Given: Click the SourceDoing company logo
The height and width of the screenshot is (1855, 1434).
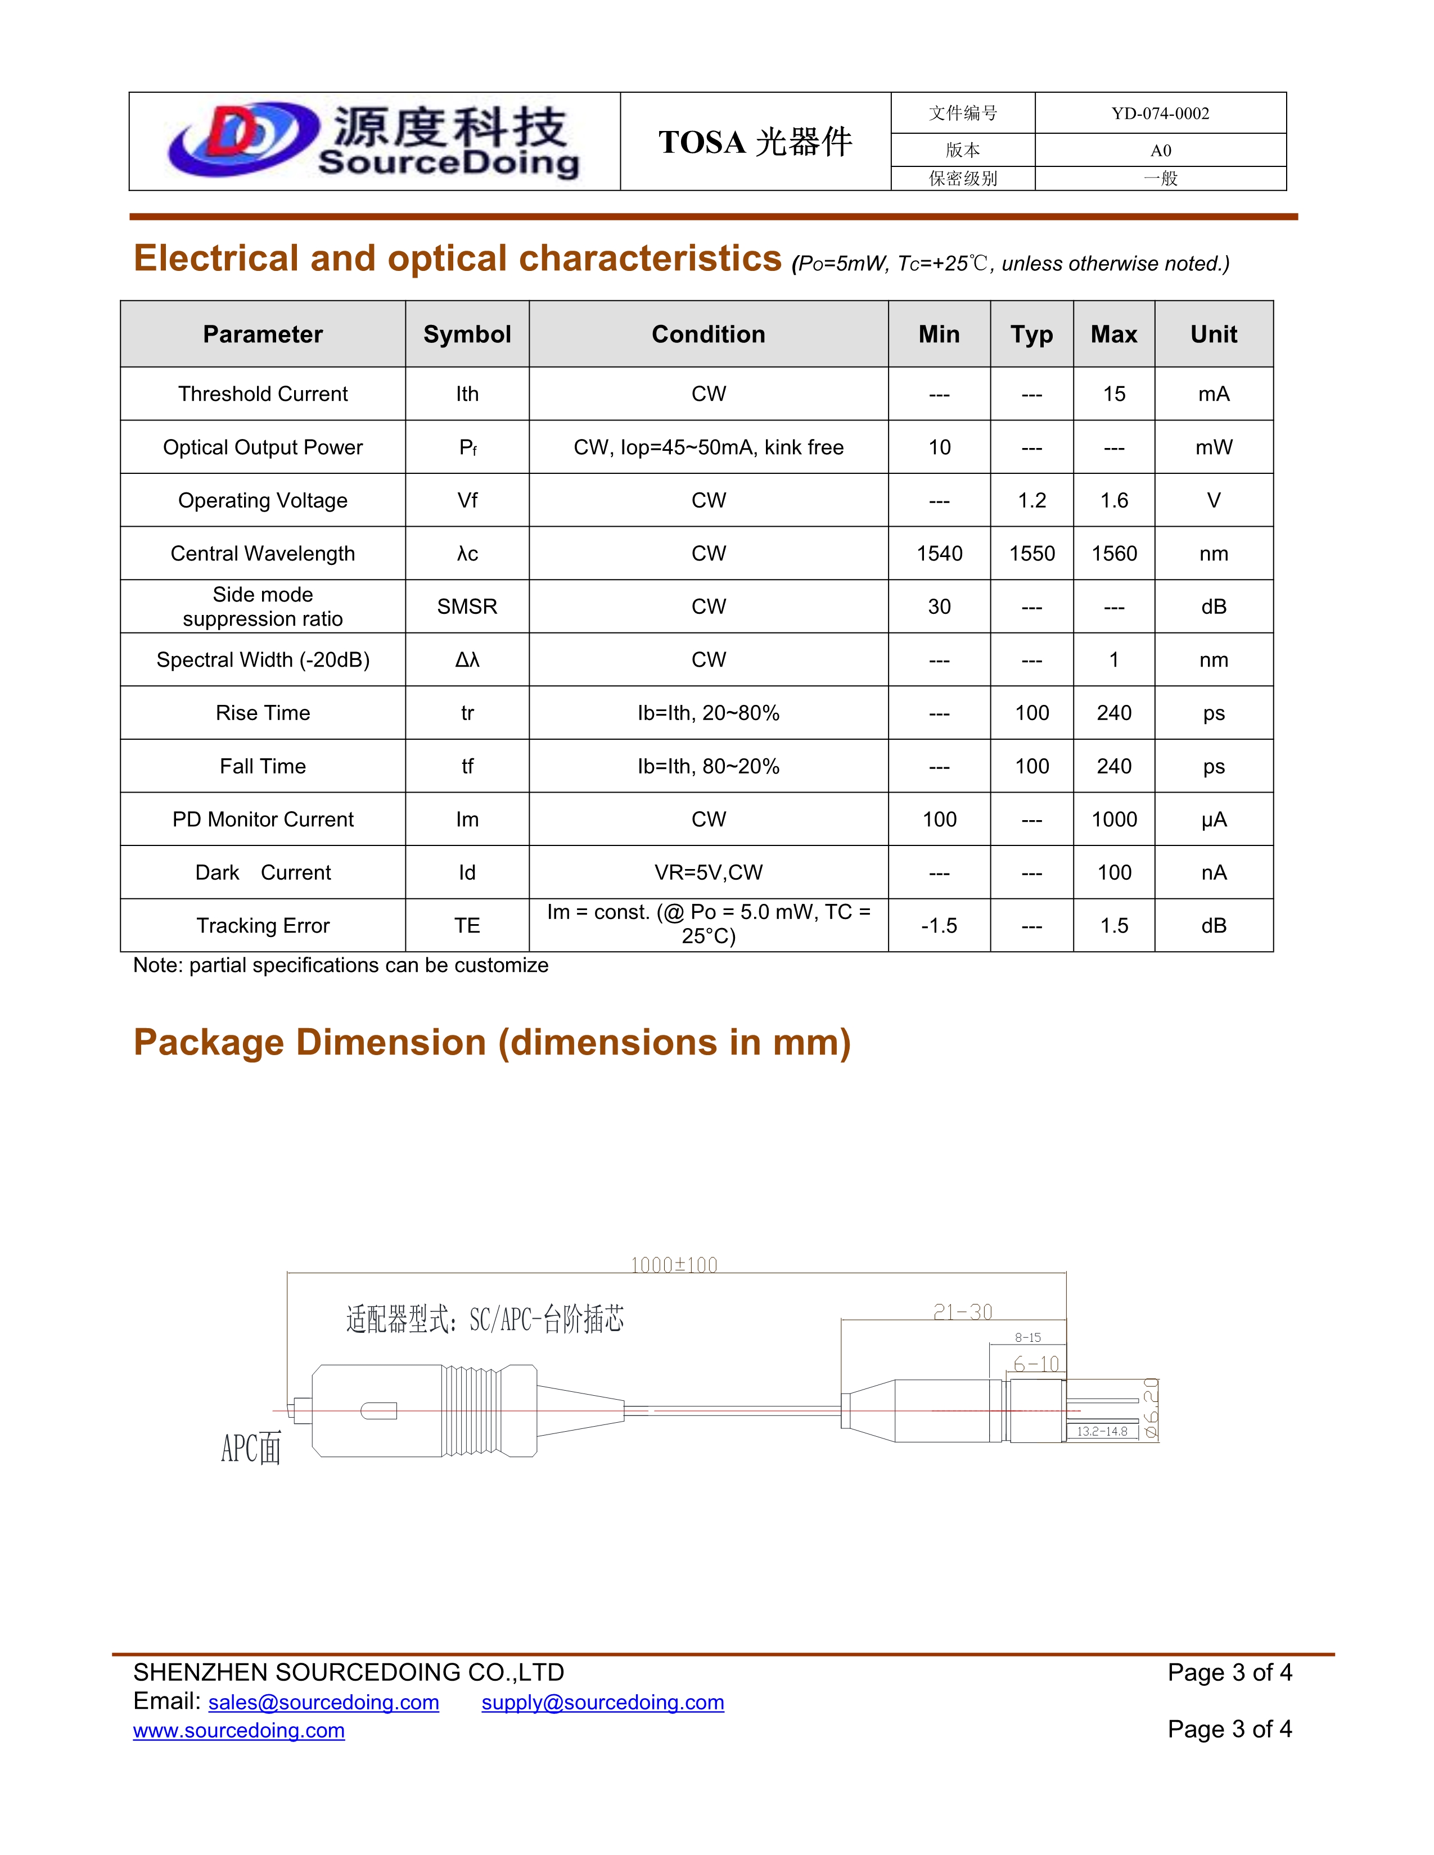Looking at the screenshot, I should pos(374,141).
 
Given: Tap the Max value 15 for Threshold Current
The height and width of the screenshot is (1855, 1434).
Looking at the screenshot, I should pos(1113,394).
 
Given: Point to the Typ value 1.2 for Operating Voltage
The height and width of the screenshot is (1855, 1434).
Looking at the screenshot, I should pos(1031,501).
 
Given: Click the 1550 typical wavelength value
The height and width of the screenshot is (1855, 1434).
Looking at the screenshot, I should pos(1031,554).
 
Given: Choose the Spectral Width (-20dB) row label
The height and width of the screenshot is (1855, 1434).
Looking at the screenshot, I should pos(263,660).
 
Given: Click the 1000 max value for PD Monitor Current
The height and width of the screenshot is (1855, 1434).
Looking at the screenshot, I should pos(1113,820).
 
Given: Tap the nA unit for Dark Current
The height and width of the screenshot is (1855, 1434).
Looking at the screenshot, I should pos(1213,873).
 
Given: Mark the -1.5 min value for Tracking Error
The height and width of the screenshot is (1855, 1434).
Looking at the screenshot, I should pos(939,926).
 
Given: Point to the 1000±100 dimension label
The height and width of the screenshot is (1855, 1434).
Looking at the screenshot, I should pos(674,1265).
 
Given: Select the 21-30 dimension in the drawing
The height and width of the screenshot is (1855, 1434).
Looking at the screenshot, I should pos(963,1312).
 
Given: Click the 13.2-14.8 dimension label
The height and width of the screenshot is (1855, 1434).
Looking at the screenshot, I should pos(1102,1431).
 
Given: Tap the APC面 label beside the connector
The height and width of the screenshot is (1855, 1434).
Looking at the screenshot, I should pos(251,1448).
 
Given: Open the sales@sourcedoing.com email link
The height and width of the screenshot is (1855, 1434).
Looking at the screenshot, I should pos(324,1703).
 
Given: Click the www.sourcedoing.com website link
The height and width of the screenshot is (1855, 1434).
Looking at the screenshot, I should pos(238,1731).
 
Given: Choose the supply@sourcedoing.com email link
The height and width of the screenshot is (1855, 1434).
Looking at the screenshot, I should pos(602,1703).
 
